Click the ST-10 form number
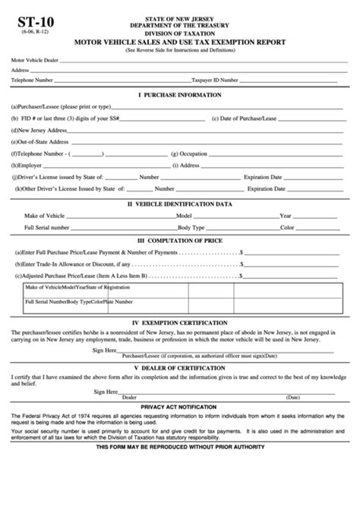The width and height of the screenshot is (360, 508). [28, 11]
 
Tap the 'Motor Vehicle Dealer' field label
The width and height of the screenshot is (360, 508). [33, 58]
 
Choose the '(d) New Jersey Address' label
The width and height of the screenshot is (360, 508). [39, 130]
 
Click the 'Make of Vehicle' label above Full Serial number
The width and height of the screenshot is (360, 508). [45, 215]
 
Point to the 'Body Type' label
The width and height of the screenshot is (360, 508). [191, 227]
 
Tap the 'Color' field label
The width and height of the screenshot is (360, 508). [286, 227]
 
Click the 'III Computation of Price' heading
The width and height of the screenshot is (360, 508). [179, 241]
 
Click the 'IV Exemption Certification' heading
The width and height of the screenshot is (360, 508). [179, 322]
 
